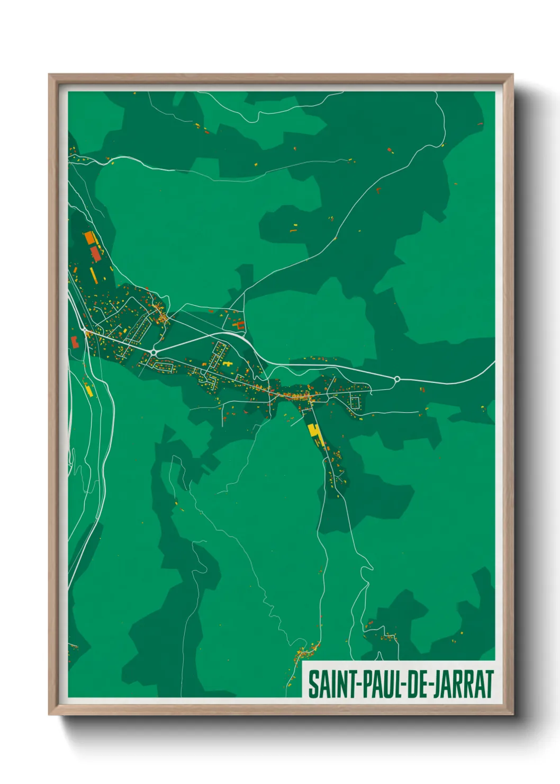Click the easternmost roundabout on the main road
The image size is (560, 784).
397,379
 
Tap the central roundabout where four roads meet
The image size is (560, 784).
153,352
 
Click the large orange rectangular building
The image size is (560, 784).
89,237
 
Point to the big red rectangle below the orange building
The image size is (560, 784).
95,253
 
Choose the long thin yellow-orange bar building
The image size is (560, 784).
94,274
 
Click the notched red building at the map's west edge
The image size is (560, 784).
75,342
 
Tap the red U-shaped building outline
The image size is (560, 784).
241,325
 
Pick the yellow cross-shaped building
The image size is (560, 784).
228,364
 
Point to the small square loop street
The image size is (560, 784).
355,403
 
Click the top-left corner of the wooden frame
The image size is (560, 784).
50,75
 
